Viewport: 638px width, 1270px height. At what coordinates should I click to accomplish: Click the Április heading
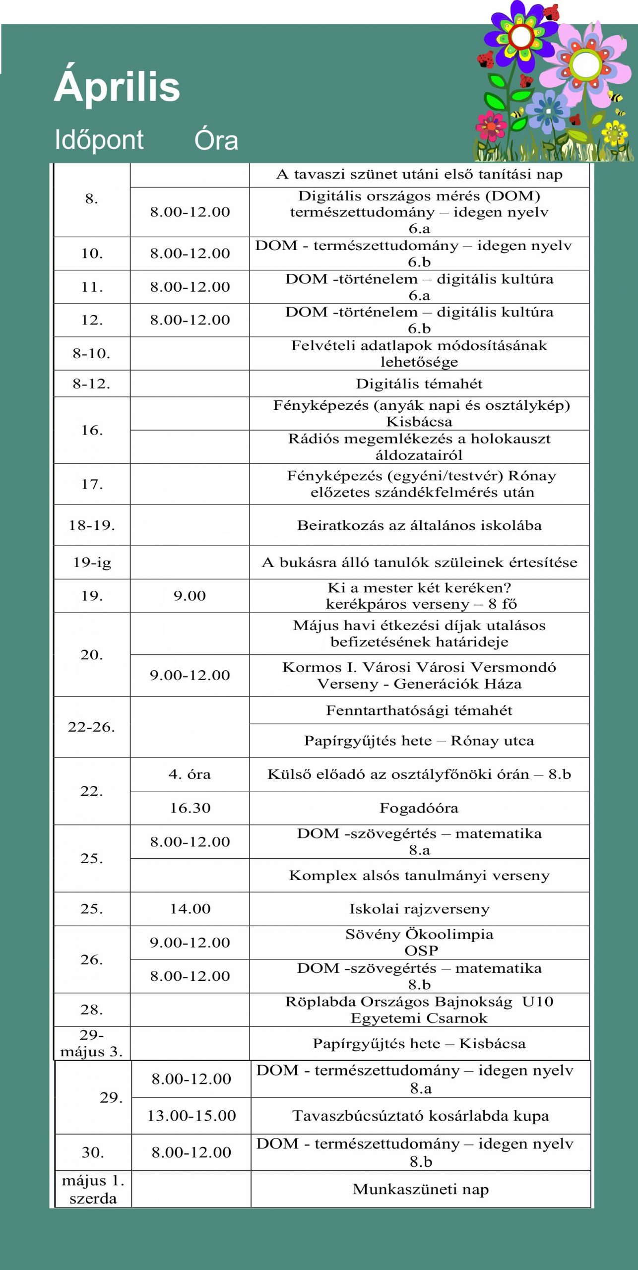tap(117, 86)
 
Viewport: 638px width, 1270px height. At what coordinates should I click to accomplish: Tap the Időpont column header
tap(99, 139)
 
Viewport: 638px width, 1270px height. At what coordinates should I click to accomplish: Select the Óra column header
tap(216, 140)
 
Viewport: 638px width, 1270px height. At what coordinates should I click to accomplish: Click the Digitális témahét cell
tap(419, 383)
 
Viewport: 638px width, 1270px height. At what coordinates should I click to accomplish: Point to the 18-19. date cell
tap(92, 525)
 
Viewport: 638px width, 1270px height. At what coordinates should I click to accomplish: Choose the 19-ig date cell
tap(92, 562)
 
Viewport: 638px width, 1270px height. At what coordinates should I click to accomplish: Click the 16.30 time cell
tap(190, 808)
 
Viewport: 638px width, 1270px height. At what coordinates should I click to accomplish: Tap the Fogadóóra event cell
tap(419, 808)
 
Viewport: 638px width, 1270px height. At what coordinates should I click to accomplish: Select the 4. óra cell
tap(190, 774)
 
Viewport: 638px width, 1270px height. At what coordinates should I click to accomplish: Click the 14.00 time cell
tap(190, 908)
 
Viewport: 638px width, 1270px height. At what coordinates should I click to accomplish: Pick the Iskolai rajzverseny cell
tap(419, 908)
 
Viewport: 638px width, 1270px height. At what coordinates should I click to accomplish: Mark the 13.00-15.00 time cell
tap(191, 1115)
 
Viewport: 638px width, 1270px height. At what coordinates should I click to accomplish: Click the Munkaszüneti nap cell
tap(420, 1189)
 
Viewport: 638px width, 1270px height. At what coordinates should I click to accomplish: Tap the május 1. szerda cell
tap(93, 1189)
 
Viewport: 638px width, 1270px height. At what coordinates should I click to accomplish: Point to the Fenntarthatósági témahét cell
tap(419, 710)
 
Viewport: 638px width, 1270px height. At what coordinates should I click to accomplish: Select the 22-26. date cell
tap(92, 727)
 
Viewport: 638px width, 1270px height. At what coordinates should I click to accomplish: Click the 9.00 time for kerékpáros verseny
tap(190, 595)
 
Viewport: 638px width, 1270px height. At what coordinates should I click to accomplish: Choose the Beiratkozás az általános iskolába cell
tap(419, 525)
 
